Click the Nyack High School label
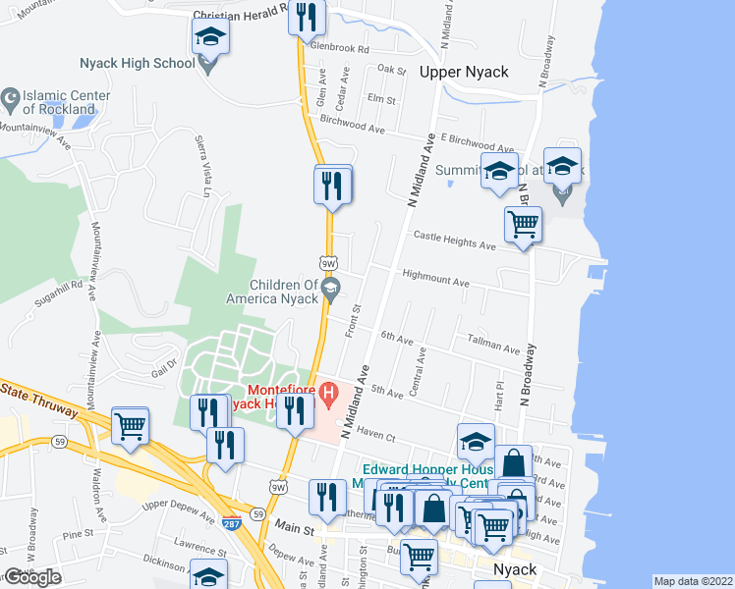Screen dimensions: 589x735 click(138, 64)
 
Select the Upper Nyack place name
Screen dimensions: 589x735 click(463, 72)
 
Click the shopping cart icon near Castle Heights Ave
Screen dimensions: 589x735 click(523, 225)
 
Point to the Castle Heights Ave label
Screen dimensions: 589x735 click(454, 237)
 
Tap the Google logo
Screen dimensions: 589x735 click(32, 577)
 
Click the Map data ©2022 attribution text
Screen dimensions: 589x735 click(693, 581)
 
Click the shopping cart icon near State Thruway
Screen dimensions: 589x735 click(130, 426)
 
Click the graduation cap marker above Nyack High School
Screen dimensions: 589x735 click(209, 39)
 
